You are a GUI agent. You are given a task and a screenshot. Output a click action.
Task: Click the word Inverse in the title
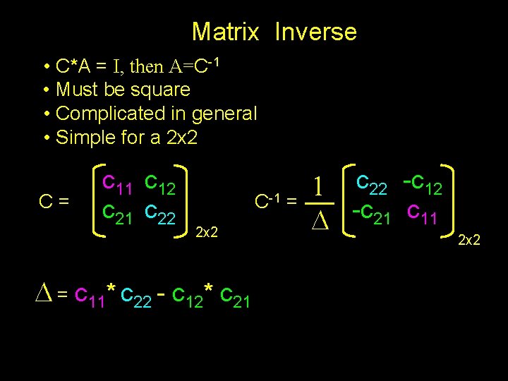tap(315, 32)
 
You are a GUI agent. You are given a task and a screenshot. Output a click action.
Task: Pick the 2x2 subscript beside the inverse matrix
tap(469, 241)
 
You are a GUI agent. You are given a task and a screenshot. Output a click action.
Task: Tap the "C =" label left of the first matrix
tap(54, 201)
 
